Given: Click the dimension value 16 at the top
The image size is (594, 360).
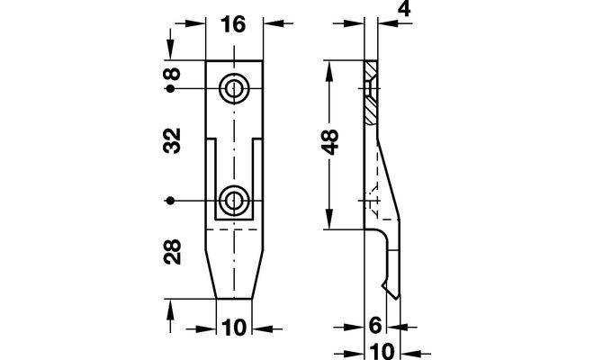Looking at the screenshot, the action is click(233, 24).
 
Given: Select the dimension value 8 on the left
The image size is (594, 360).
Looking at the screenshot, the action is click(172, 74).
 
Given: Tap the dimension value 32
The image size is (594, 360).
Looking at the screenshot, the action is click(172, 140).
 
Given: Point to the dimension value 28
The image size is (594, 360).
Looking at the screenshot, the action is click(172, 252).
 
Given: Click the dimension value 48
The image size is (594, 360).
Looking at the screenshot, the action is click(330, 142).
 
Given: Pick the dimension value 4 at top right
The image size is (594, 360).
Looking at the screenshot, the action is click(404, 9).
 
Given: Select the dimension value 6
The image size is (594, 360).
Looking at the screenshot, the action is click(374, 326).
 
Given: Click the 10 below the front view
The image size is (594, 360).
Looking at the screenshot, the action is click(234, 328).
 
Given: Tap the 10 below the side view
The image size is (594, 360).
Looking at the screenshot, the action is click(382, 352).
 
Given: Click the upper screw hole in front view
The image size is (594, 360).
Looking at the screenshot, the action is click(234, 89).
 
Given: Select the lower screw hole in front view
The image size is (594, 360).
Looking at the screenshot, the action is click(234, 201).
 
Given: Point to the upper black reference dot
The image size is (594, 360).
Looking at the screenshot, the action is click(170, 89).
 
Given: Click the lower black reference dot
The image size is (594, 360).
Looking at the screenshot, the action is click(170, 201).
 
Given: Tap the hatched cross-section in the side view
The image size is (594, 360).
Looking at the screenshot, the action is click(371, 92).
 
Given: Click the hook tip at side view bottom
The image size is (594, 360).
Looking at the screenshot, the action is click(397, 299).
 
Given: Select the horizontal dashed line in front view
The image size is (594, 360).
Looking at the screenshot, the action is click(231, 229).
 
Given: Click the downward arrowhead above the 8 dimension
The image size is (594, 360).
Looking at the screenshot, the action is click(170, 49).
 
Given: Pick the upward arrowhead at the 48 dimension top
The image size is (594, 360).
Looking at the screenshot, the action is click(329, 70).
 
